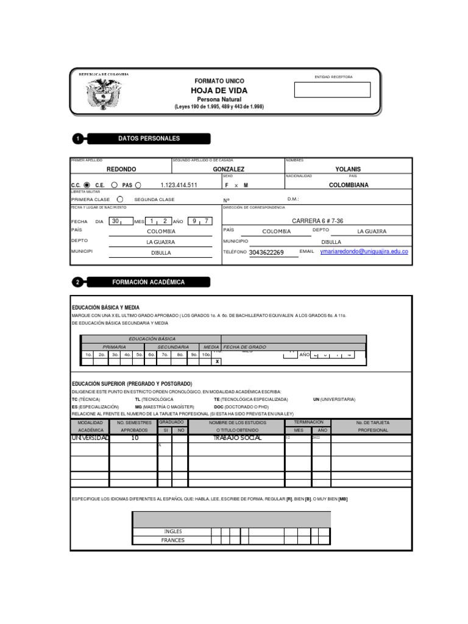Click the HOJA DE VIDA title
point(219,90)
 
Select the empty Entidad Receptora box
point(332,90)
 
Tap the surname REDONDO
point(121,169)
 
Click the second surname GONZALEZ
point(229,169)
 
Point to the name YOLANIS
point(348,169)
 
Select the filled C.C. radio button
point(87,185)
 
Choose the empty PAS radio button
point(138,185)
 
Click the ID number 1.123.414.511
point(179,185)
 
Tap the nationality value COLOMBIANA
point(349,185)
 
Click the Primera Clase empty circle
point(120,199)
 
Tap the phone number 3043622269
point(266,252)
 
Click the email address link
point(364,252)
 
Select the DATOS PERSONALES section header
point(149,139)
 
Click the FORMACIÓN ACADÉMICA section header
point(149,283)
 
